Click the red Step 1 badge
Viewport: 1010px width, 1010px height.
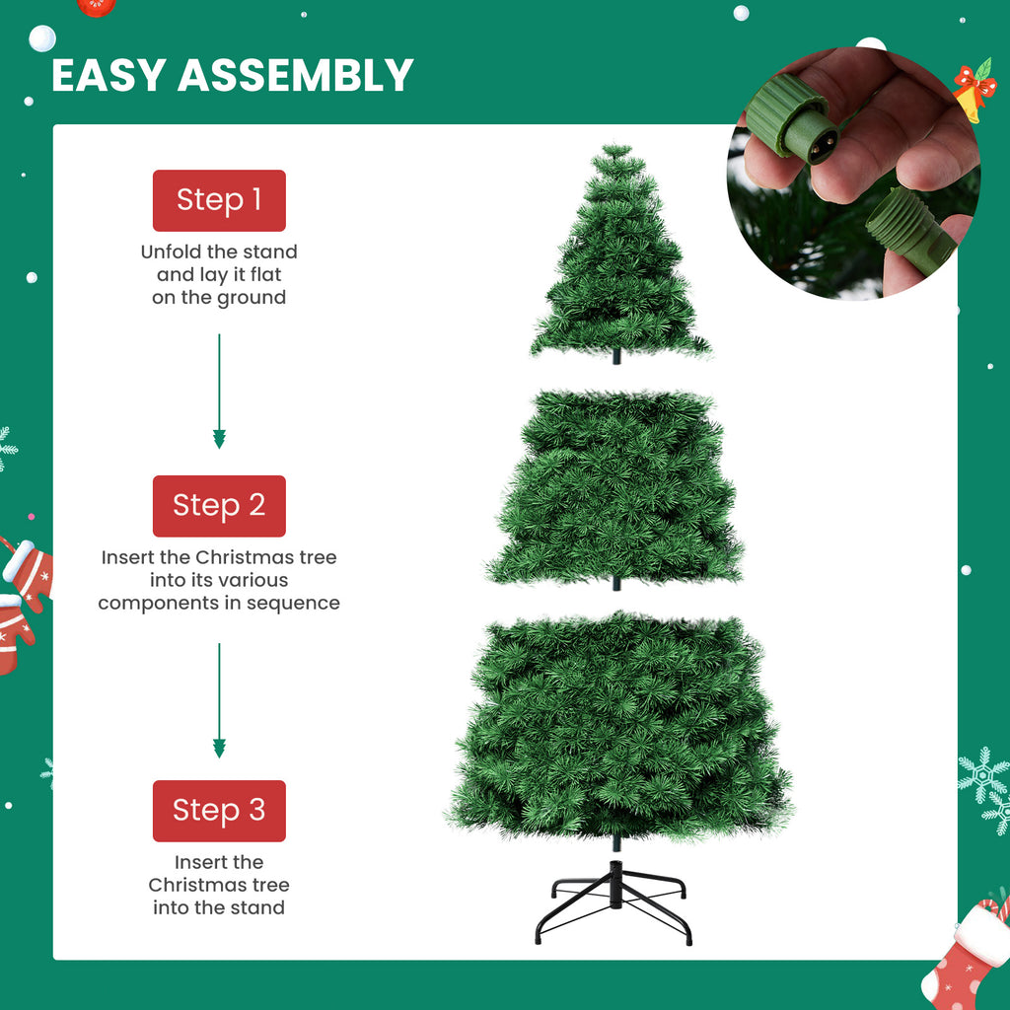pyautogui.click(x=219, y=200)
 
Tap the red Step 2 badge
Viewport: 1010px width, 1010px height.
pyautogui.click(x=219, y=506)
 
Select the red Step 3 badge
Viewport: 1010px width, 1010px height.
pyautogui.click(x=219, y=811)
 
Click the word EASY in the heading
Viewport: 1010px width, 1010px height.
pyautogui.click(x=108, y=76)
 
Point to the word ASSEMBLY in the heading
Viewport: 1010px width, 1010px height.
pyautogui.click(x=295, y=76)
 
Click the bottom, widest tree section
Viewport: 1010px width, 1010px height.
pyautogui.click(x=619, y=724)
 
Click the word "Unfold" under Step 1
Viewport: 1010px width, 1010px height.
pyautogui.click(x=174, y=252)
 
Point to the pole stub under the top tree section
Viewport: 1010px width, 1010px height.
pyautogui.click(x=617, y=356)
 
